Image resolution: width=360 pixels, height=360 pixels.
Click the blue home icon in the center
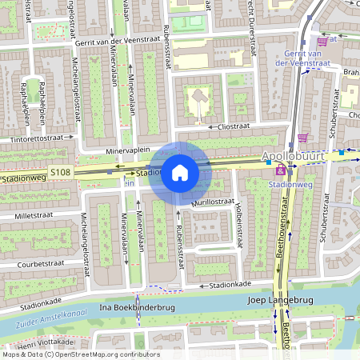[180, 173]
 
